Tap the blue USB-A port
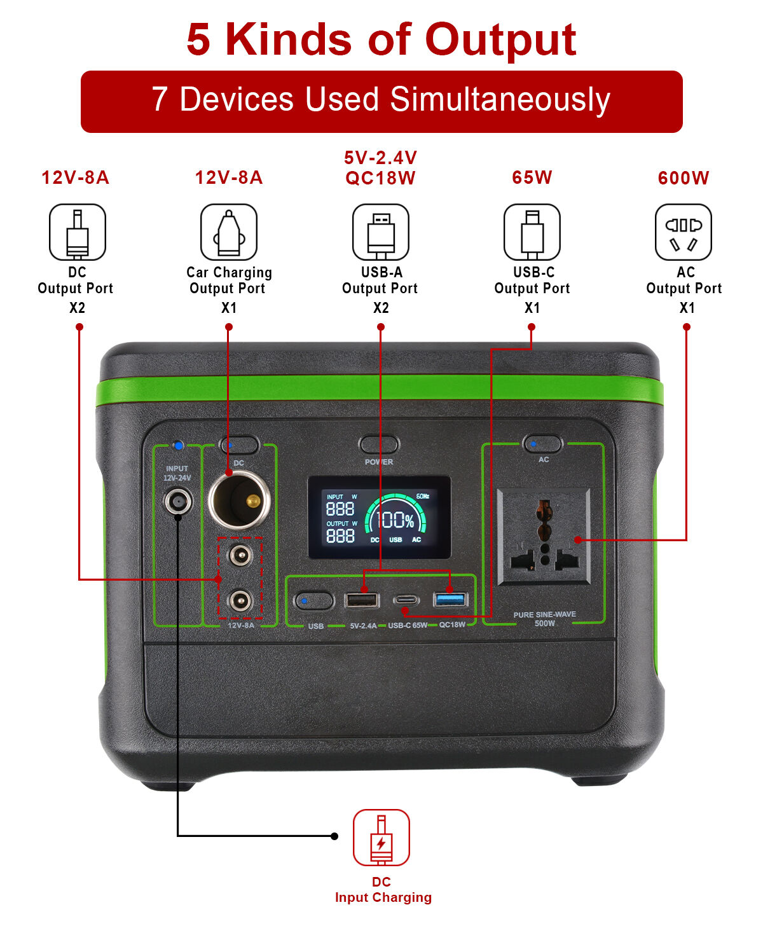tap(449, 600)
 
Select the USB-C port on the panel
tap(405, 600)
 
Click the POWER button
tap(378, 444)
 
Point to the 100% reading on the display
tap(395, 520)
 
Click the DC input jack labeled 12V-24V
tap(178, 502)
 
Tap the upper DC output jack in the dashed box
tap(240, 555)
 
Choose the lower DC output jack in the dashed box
tap(240, 601)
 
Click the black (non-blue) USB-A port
tap(362, 600)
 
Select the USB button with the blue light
tap(314, 601)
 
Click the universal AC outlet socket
tap(544, 536)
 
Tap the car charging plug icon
tap(229, 232)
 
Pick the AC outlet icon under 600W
tap(683, 232)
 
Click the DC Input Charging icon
tap(381, 838)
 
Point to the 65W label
tap(532, 177)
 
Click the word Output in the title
tap(500, 40)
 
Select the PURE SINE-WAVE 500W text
tap(544, 619)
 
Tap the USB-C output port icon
tap(532, 232)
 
